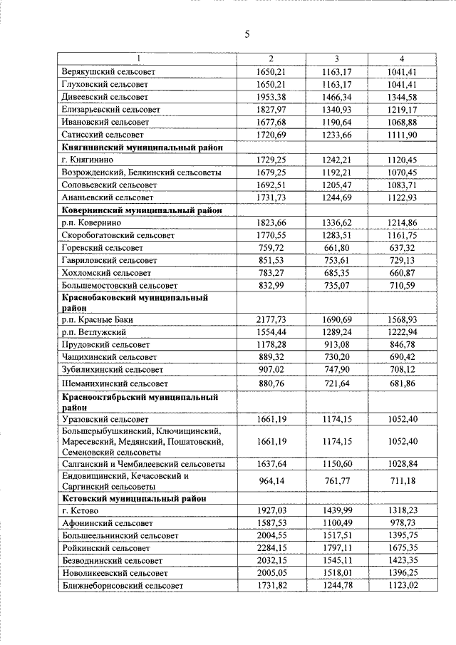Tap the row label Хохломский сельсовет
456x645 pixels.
click(x=107, y=272)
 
